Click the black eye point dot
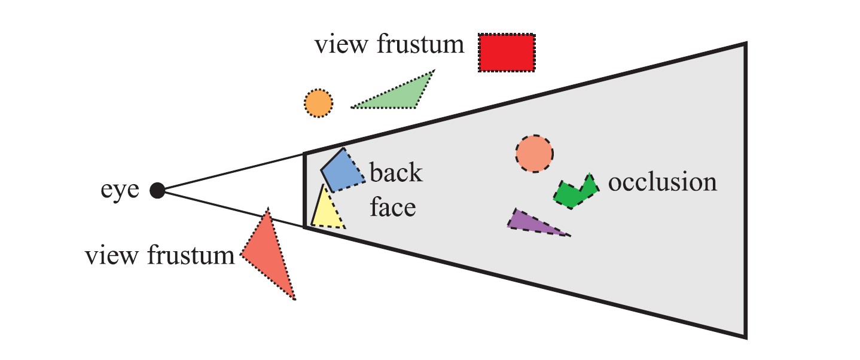tap(157, 190)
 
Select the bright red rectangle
tap(507, 53)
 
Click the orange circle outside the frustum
tap(318, 103)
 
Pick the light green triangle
tap(401, 95)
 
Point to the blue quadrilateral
tap(343, 170)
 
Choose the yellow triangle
tap(326, 211)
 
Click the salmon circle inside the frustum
tap(533, 154)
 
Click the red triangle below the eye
tap(269, 254)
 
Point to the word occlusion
tap(662, 182)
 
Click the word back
tap(396, 173)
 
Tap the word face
tap(392, 208)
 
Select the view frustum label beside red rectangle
tap(389, 45)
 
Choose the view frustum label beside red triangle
tap(160, 256)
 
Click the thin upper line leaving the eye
tap(233, 172)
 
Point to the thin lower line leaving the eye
tap(233, 209)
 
